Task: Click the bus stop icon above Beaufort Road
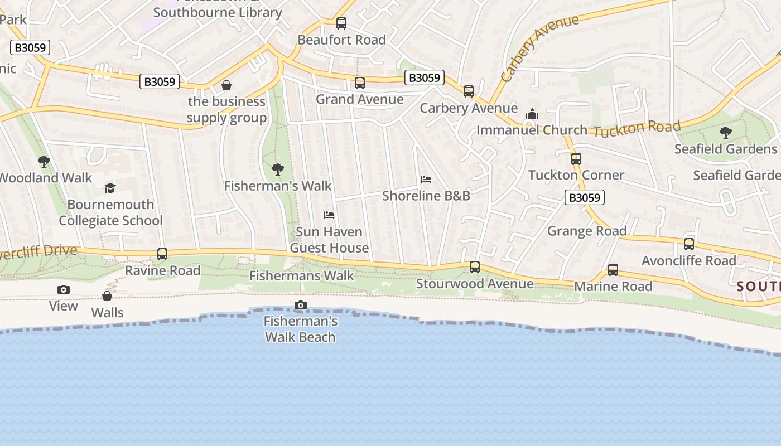[x=341, y=23]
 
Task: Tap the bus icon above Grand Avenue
[x=360, y=83]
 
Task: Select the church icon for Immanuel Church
[x=532, y=114]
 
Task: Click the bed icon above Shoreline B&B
[x=426, y=180]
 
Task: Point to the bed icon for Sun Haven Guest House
[x=329, y=215]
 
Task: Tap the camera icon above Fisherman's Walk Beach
[x=301, y=305]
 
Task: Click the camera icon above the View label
[x=64, y=289]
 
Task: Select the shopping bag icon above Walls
[x=107, y=296]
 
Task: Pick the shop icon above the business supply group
[x=226, y=85]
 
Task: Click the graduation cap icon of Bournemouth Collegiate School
[x=110, y=188]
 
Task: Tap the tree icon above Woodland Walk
[x=44, y=162]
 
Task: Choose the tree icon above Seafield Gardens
[x=725, y=133]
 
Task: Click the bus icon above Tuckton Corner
[x=576, y=159]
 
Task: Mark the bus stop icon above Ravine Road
[x=162, y=254]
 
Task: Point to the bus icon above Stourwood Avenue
[x=475, y=267]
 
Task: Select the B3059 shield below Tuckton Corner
[x=585, y=197]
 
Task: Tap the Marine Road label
[x=613, y=286]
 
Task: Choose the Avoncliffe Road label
[x=689, y=260]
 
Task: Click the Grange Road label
[x=587, y=231]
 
